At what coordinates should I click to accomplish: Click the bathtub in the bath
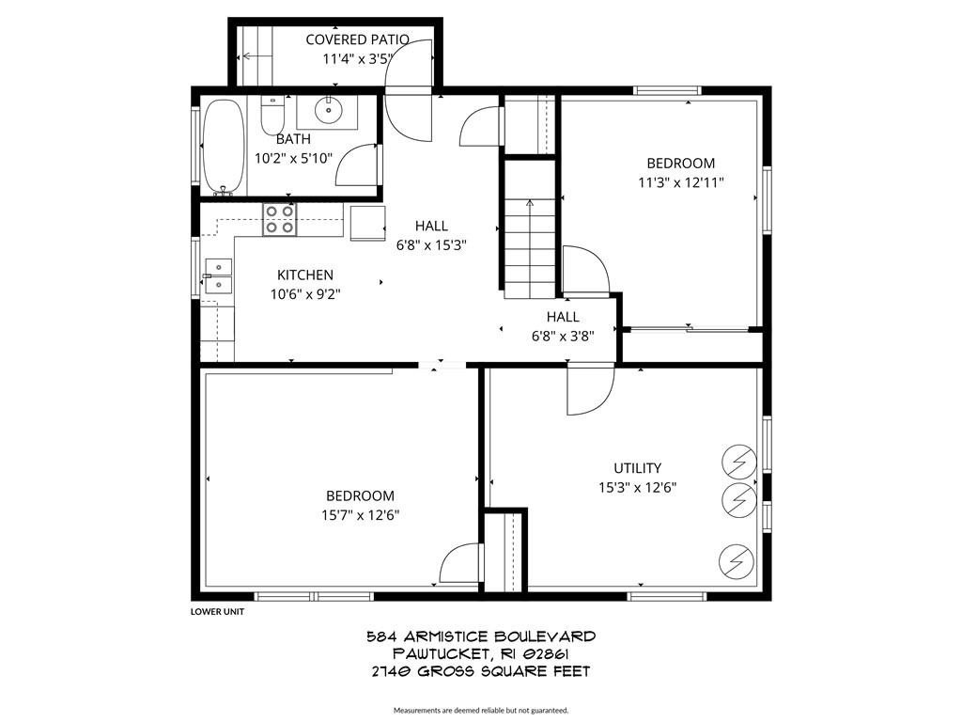224,147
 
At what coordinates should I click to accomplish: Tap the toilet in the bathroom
272,116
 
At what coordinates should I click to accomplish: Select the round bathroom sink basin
329,110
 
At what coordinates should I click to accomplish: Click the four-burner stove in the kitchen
279,219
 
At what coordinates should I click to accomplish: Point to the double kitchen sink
218,276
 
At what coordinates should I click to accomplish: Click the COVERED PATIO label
357,39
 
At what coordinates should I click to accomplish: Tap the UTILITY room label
638,468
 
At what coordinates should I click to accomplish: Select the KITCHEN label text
305,275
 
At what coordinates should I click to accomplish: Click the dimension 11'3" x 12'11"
681,182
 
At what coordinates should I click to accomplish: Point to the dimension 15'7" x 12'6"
360,515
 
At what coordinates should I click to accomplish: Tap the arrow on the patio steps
257,56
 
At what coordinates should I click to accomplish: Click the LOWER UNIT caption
217,611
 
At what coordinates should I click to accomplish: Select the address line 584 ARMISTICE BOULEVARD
481,636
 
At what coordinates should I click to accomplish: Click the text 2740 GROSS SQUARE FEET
481,671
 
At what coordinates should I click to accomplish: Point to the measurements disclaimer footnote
481,711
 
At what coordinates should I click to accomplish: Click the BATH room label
293,139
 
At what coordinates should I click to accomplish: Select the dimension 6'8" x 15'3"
431,245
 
